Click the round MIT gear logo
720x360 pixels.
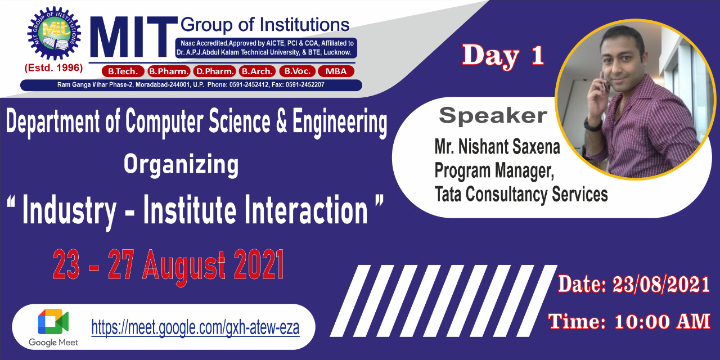(54, 33)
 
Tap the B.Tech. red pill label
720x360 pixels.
(123, 71)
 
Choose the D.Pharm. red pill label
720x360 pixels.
(215, 71)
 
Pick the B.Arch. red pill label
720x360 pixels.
(257, 71)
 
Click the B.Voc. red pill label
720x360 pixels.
(298, 71)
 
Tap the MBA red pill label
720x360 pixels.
(336, 71)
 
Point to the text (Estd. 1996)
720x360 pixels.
(53, 68)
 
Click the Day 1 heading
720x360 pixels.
(503, 55)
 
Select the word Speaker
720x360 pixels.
(493, 116)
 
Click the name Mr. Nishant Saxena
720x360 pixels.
(497, 147)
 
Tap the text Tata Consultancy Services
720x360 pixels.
(521, 195)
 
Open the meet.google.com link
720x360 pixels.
(195, 327)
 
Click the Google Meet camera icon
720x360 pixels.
(53, 322)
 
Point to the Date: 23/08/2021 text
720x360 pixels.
(634, 284)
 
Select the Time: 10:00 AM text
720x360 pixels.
(629, 321)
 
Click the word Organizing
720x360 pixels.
(181, 165)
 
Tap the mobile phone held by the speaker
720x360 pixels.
(605, 83)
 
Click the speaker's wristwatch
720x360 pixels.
(592, 124)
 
